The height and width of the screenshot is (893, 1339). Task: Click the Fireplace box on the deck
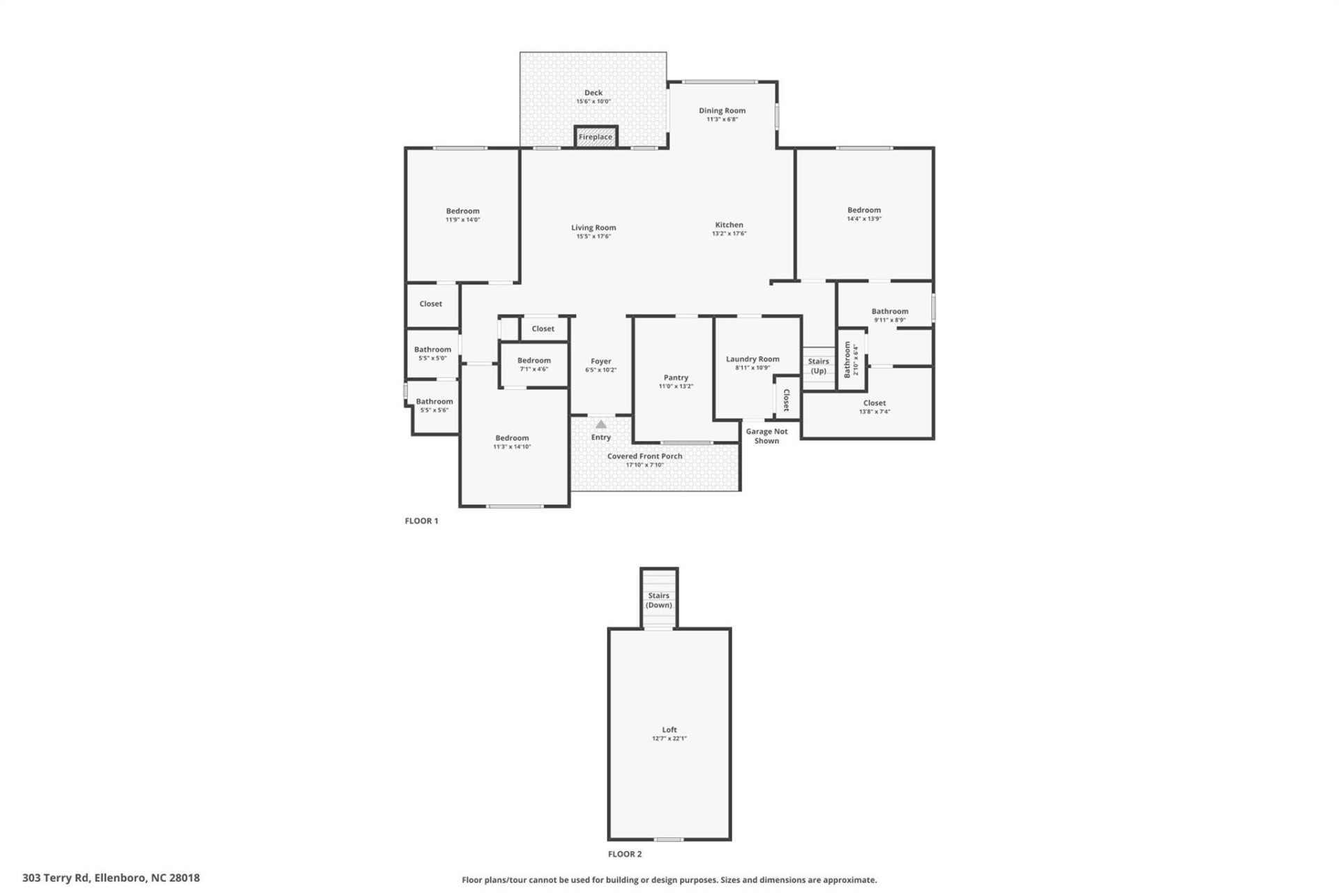click(596, 137)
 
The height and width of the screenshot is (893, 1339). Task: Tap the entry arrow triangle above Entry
click(601, 424)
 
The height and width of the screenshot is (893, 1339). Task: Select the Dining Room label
click(722, 110)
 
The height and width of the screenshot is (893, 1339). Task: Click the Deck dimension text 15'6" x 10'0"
click(593, 102)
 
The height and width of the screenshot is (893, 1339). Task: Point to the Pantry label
click(676, 377)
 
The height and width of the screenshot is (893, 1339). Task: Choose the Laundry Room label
click(752, 359)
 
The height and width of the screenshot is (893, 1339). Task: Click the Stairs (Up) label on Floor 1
click(818, 366)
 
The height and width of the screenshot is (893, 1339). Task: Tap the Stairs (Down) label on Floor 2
click(658, 600)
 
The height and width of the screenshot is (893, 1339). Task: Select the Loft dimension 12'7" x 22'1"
click(669, 738)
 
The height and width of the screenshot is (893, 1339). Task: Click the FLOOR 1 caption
click(421, 520)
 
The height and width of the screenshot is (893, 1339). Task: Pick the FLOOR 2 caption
click(624, 854)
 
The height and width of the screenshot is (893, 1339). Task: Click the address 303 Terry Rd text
click(111, 878)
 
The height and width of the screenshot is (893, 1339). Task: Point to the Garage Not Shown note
click(766, 436)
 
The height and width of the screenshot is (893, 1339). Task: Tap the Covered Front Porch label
click(644, 456)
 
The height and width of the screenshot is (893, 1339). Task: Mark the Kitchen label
click(729, 225)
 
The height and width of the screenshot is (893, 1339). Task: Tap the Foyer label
click(600, 361)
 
